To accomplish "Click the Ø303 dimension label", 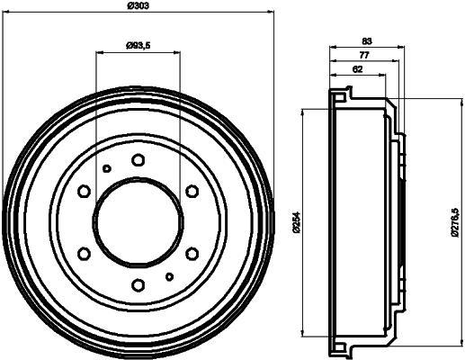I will pyautogui.click(x=139, y=7).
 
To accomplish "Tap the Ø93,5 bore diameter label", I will pyautogui.click(x=138, y=45).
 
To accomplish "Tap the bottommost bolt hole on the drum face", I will pyautogui.click(x=138, y=285).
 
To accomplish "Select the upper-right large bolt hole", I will pyautogui.click(x=192, y=191).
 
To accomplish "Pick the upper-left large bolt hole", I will pyautogui.click(x=84, y=191).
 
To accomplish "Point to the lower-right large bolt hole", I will pyautogui.click(x=192, y=254).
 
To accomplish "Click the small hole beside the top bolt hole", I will pyautogui.click(x=106, y=168).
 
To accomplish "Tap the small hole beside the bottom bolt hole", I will pyautogui.click(x=169, y=276).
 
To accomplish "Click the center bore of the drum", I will pyautogui.click(x=138, y=222).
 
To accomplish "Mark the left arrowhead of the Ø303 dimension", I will pyautogui.click(x=7, y=13).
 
